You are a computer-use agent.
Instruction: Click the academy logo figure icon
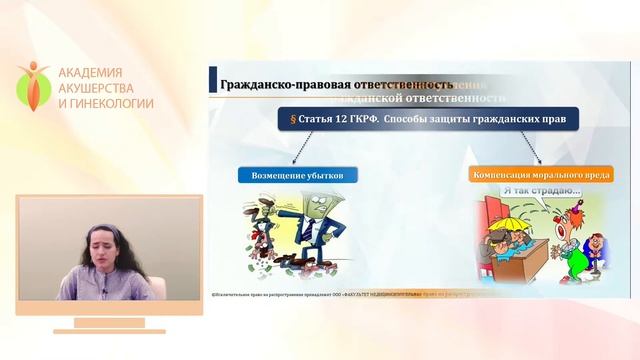33,87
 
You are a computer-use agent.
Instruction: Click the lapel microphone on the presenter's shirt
103,291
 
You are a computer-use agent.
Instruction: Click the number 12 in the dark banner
346,118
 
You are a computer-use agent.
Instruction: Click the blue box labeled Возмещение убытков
297,174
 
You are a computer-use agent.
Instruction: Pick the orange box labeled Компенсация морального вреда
540,174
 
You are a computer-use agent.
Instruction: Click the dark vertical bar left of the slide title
213,81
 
